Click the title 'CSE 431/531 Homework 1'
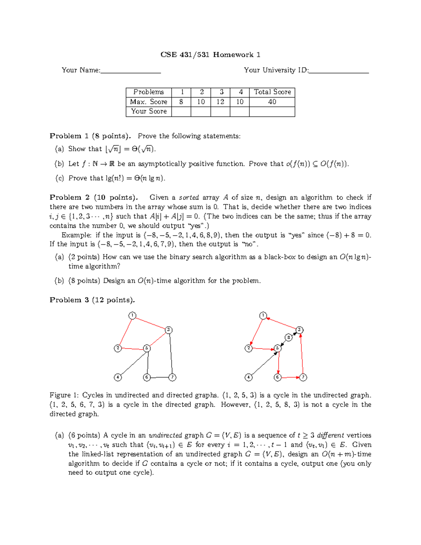pyautogui.click(x=210, y=55)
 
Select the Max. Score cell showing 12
pyautogui.click(x=220, y=102)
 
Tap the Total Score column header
pyautogui.click(x=272, y=92)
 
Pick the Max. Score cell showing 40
pyautogui.click(x=272, y=102)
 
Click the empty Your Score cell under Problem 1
pyautogui.click(x=181, y=112)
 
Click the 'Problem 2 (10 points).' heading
pyautogui.click(x=94, y=198)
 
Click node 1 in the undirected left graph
pyautogui.click(x=132, y=315)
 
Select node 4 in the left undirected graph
pyautogui.click(x=118, y=377)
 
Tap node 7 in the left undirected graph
pyautogui.click(x=172, y=377)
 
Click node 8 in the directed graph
pyautogui.click(x=288, y=338)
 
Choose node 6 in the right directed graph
pyautogui.click(x=278, y=377)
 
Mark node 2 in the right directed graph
pyautogui.click(x=249, y=348)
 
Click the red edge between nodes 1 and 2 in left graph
pyautogui.click(x=125, y=332)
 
